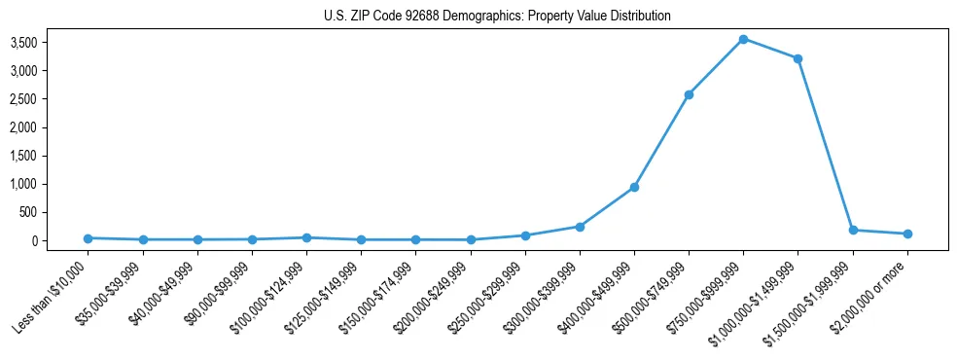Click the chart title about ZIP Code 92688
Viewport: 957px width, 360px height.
pos(497,17)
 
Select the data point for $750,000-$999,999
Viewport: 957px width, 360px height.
pos(743,39)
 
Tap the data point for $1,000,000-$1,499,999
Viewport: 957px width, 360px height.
pos(797,58)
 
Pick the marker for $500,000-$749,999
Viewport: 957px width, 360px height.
pos(689,94)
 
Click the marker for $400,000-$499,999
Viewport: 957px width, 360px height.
pos(634,187)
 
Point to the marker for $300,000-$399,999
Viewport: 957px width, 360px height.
pos(580,227)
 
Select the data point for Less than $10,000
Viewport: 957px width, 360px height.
pos(89,237)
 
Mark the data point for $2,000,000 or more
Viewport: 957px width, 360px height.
pos(907,234)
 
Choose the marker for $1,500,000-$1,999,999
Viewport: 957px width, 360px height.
pos(853,230)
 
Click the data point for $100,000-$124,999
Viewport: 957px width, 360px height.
pos(306,237)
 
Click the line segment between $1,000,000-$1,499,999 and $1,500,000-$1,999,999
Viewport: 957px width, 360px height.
pos(825,144)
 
